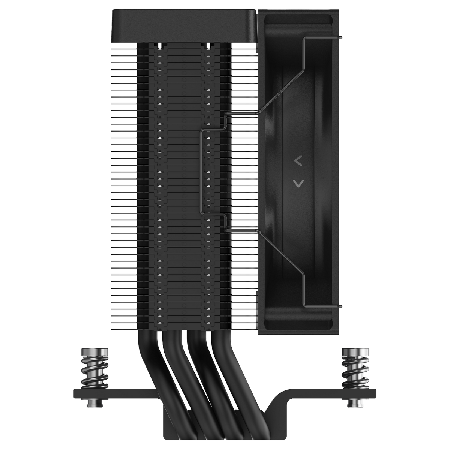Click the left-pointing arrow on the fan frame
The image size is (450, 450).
pos(298,162)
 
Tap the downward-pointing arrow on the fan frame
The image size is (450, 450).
pos(298,183)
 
